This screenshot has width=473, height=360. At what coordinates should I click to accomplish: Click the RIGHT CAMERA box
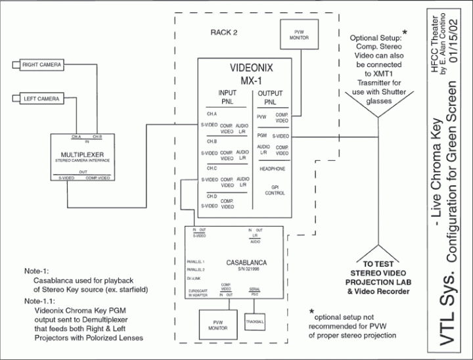point(43,66)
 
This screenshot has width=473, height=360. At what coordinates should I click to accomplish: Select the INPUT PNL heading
point(227,97)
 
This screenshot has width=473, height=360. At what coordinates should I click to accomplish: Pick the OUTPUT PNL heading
point(271,97)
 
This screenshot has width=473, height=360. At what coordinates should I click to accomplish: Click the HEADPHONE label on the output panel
point(272,168)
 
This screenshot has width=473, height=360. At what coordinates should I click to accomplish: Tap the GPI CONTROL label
point(275,190)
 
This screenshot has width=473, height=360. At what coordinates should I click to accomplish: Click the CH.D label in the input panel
point(212,196)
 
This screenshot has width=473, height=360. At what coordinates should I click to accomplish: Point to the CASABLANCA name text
point(244,261)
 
